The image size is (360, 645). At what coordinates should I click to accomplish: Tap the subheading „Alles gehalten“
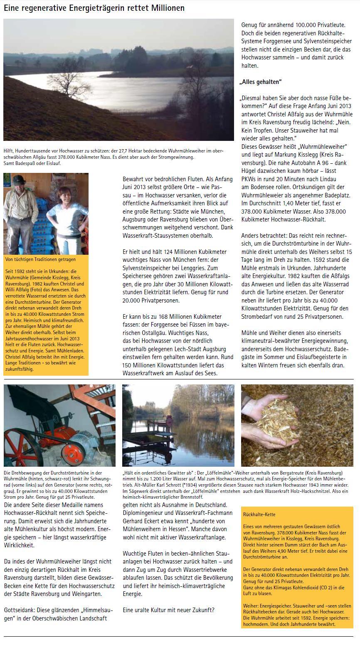click(x=261, y=81)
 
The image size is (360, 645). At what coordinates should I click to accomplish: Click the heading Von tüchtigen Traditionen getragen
click(x=40, y=259)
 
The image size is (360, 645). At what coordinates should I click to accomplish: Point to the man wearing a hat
click(x=19, y=208)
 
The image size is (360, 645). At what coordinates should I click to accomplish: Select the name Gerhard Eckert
click(x=144, y=521)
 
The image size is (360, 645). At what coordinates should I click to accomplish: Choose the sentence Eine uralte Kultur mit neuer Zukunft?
click(x=169, y=610)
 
